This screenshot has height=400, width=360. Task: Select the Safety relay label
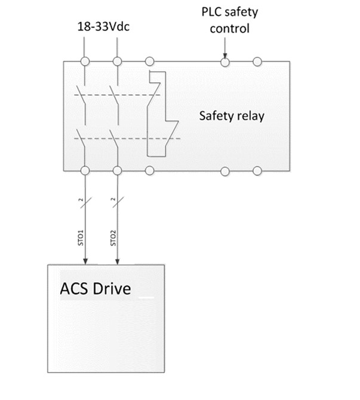click(x=231, y=116)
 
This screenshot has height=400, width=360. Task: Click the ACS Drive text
click(x=96, y=289)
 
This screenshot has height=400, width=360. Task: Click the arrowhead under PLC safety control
click(x=225, y=53)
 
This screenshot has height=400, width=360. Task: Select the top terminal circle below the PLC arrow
click(x=225, y=60)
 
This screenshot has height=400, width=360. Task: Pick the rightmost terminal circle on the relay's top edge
click(x=257, y=60)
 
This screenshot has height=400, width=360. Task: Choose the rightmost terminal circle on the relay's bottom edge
click(x=257, y=171)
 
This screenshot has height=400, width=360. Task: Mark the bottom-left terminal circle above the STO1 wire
click(x=85, y=171)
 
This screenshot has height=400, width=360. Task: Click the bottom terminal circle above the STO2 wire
click(x=117, y=171)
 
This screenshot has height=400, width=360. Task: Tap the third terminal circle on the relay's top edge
click(x=149, y=60)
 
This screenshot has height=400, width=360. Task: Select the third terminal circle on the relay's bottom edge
click(x=149, y=171)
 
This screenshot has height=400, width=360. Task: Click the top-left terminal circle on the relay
click(x=85, y=60)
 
